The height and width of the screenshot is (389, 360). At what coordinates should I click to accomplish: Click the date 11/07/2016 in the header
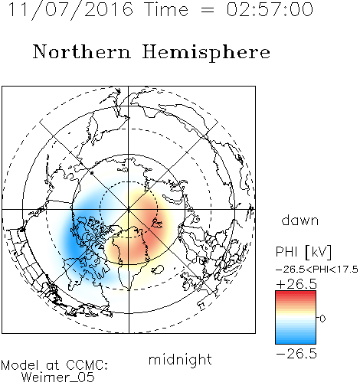[x=70, y=10]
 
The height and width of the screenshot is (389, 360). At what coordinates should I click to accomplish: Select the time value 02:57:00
[x=270, y=10]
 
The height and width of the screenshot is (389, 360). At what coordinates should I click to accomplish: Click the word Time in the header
[x=166, y=10]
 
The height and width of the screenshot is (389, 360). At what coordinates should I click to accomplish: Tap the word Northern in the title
[x=82, y=51]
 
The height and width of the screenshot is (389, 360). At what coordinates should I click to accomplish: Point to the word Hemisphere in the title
[x=206, y=52]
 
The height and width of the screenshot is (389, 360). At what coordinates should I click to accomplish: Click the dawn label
[x=300, y=221]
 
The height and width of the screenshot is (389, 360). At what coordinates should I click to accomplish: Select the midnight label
[x=180, y=359]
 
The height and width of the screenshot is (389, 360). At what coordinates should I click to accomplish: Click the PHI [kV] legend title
[x=303, y=252]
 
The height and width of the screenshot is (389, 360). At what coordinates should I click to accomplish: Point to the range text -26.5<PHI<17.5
[x=317, y=270]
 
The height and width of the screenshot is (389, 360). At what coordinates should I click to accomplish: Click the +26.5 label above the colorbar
[x=296, y=284]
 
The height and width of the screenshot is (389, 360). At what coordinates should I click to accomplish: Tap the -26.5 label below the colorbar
[x=296, y=354]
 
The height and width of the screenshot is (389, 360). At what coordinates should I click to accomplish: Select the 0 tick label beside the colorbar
[x=322, y=319]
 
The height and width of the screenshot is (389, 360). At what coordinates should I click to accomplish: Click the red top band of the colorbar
[x=296, y=293]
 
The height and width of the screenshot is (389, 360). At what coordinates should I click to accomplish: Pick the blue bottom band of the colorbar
[x=296, y=341]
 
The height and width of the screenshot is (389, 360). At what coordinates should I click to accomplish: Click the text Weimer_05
[x=58, y=378]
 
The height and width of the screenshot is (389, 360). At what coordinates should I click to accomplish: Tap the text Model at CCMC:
[x=54, y=365]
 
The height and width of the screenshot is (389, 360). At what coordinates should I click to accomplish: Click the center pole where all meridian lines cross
[x=129, y=209]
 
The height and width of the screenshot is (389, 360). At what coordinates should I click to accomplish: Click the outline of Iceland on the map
[x=158, y=270]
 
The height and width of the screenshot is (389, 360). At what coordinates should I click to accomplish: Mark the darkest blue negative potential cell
[x=75, y=244]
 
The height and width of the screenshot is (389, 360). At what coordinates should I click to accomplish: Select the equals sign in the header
[x=208, y=10]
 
